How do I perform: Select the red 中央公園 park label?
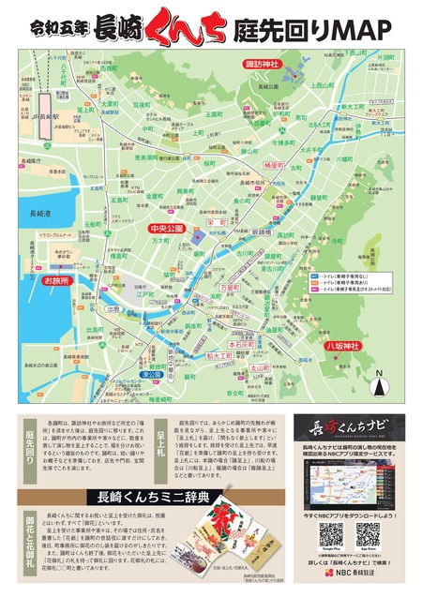coord(170,228)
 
